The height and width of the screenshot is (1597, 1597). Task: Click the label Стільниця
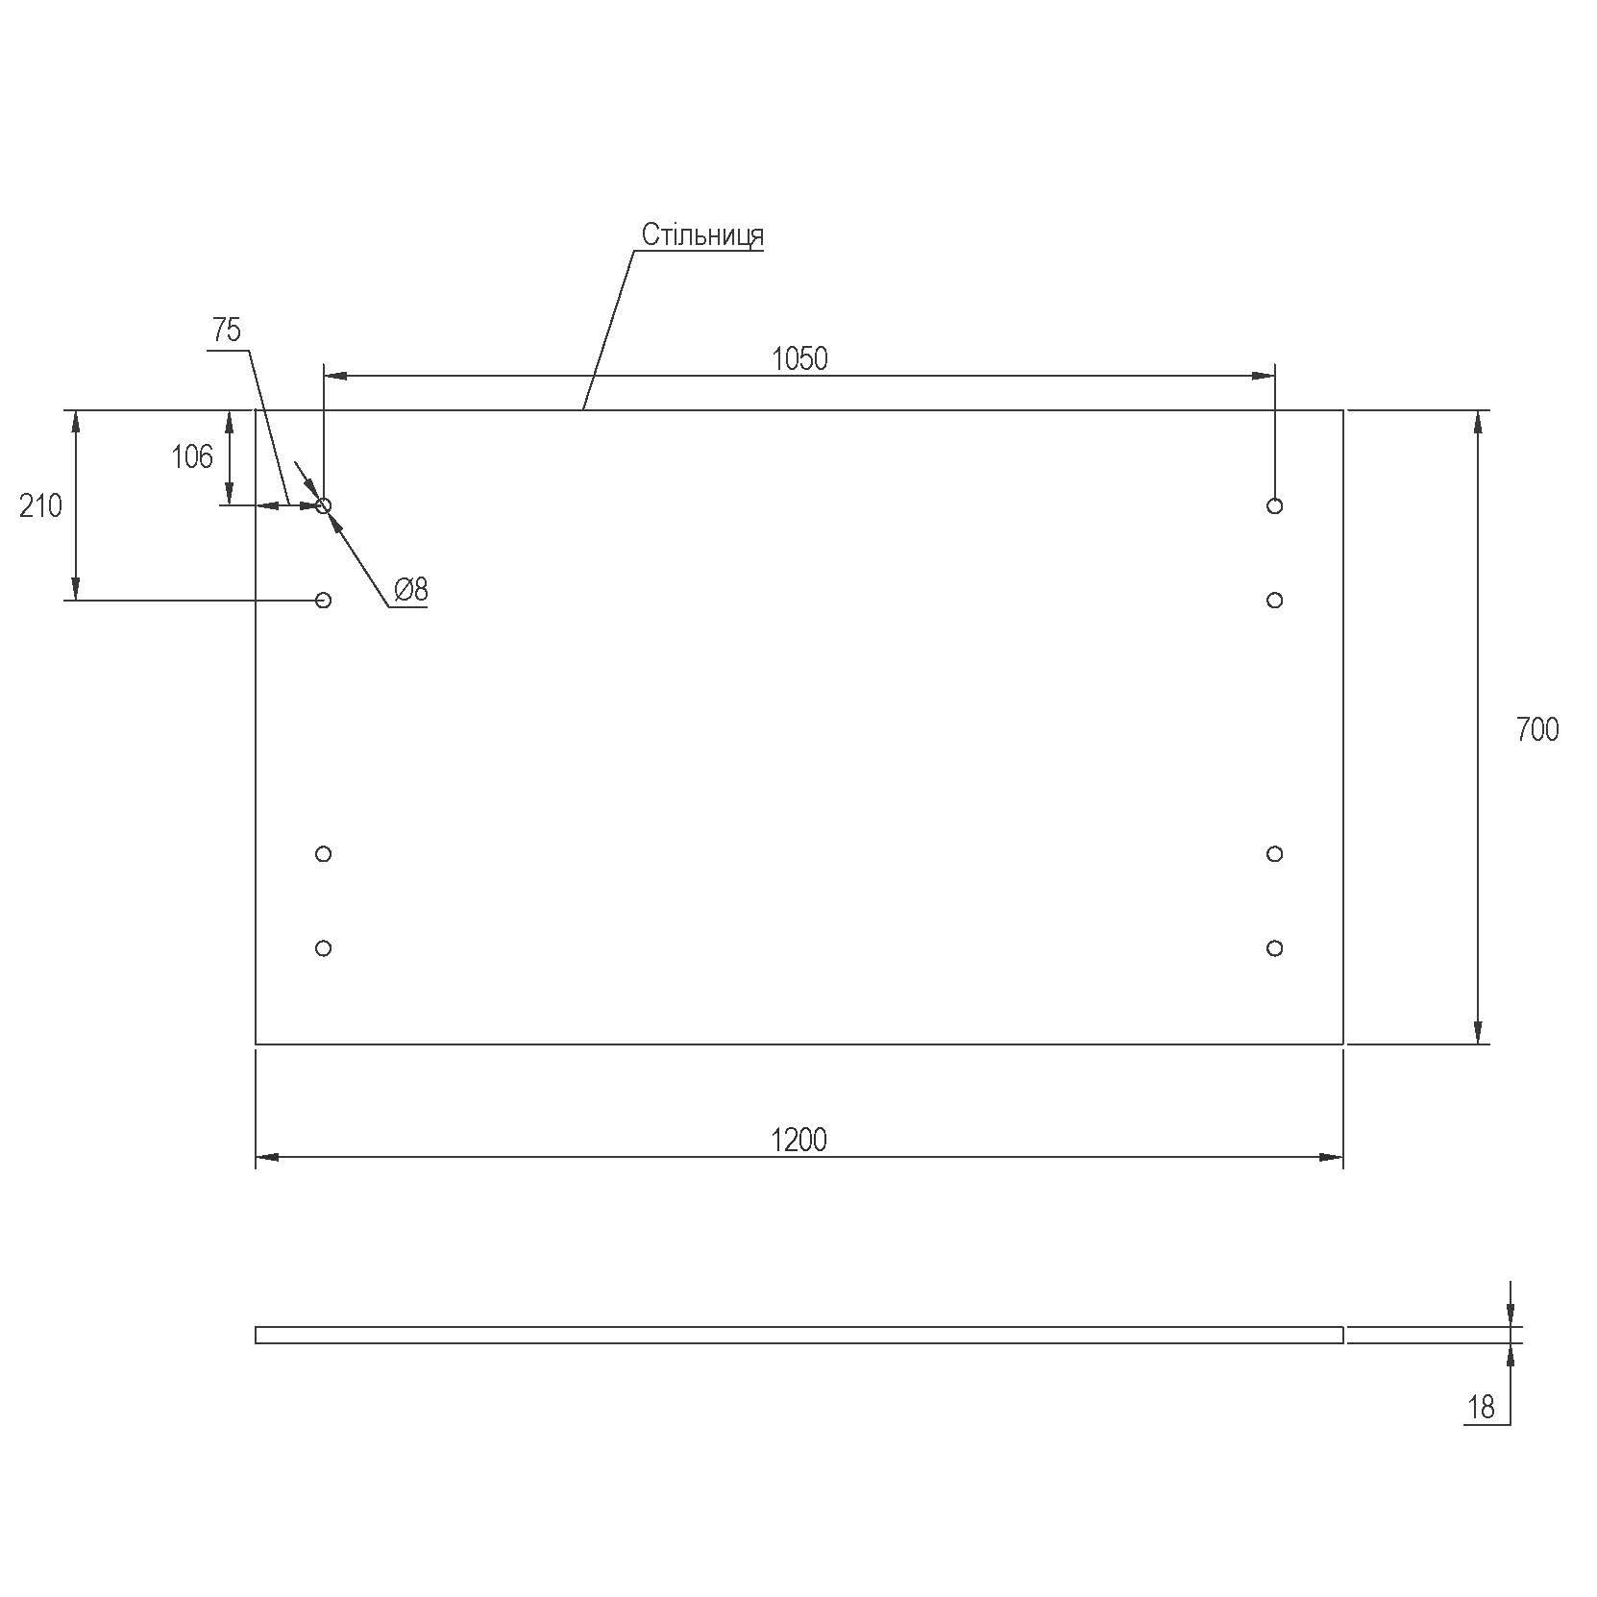(702, 235)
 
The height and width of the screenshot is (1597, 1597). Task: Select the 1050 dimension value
(799, 359)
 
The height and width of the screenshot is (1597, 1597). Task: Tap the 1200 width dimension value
(798, 1140)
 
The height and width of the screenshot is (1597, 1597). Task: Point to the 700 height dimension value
(1537, 730)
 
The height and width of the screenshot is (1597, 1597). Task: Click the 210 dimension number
(40, 505)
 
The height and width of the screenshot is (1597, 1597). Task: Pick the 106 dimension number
(192, 457)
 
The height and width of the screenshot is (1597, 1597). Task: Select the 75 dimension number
(227, 331)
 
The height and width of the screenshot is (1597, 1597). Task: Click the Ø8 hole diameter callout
(410, 589)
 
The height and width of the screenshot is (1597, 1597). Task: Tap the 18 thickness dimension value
(1482, 1408)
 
